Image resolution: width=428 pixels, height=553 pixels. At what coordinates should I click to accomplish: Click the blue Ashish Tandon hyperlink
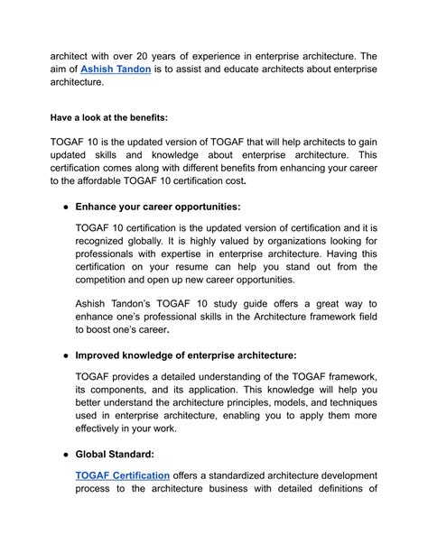click(114, 69)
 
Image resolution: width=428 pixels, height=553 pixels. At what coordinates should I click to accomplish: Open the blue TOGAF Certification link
click(123, 475)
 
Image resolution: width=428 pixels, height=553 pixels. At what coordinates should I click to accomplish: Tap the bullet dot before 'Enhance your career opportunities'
click(60, 207)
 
